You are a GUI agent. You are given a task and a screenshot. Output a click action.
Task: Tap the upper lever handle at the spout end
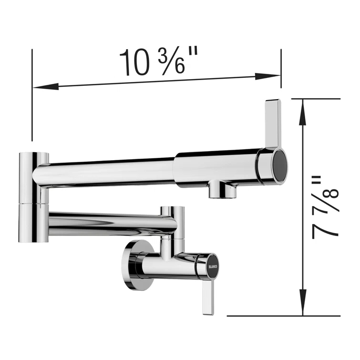coord(272,123)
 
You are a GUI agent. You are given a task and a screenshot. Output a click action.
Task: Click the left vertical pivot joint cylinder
coord(33,195)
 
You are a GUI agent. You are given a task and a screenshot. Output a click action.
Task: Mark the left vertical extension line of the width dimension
coord(32,95)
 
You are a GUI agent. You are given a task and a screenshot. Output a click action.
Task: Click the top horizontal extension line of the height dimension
coord(315,99)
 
